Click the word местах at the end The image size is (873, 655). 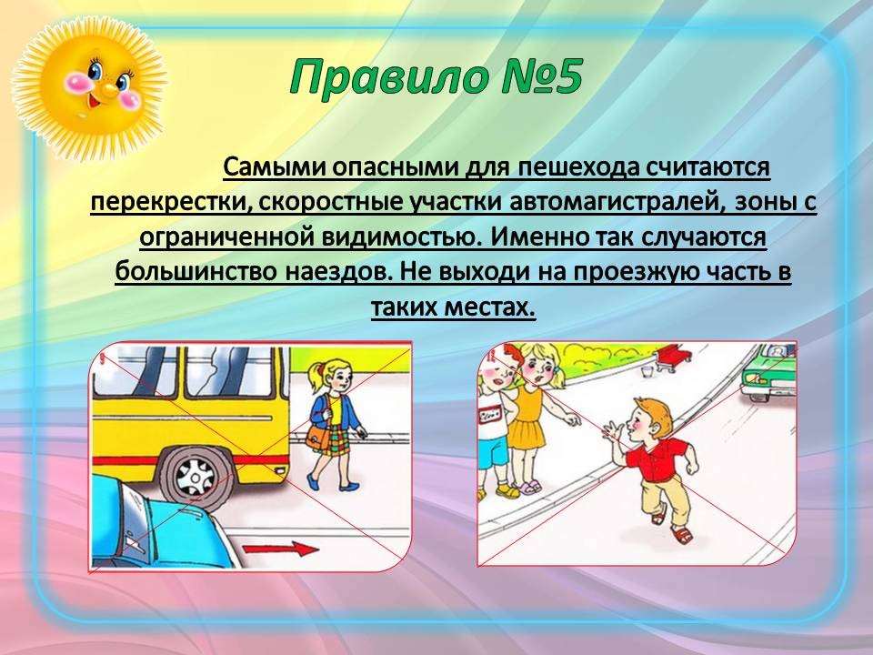click(490, 307)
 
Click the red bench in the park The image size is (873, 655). click(674, 357)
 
